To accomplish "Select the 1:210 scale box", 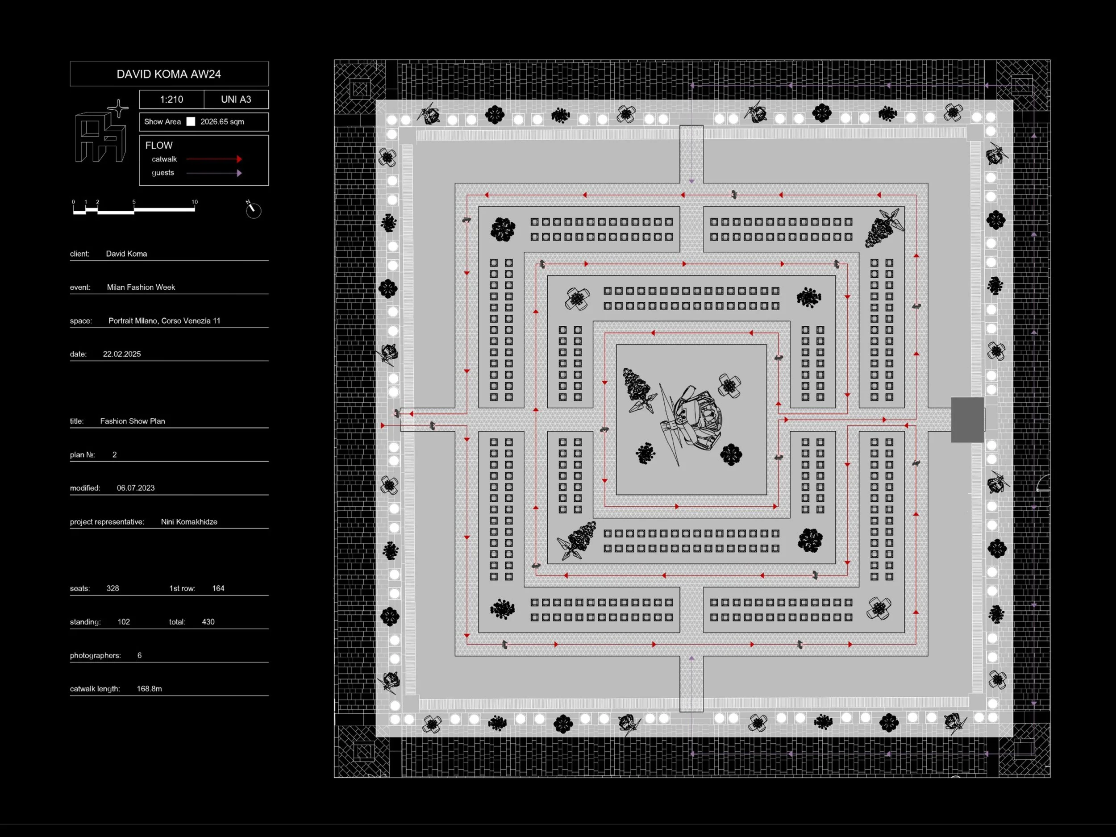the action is [171, 100].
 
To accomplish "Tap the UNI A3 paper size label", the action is [236, 100].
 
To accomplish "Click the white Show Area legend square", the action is [191, 121].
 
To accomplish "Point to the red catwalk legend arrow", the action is [214, 159].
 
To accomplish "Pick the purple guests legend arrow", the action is [214, 173].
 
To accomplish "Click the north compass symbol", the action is [253, 209].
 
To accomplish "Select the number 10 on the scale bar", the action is [195, 202].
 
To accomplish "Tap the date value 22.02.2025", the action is [121, 354].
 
